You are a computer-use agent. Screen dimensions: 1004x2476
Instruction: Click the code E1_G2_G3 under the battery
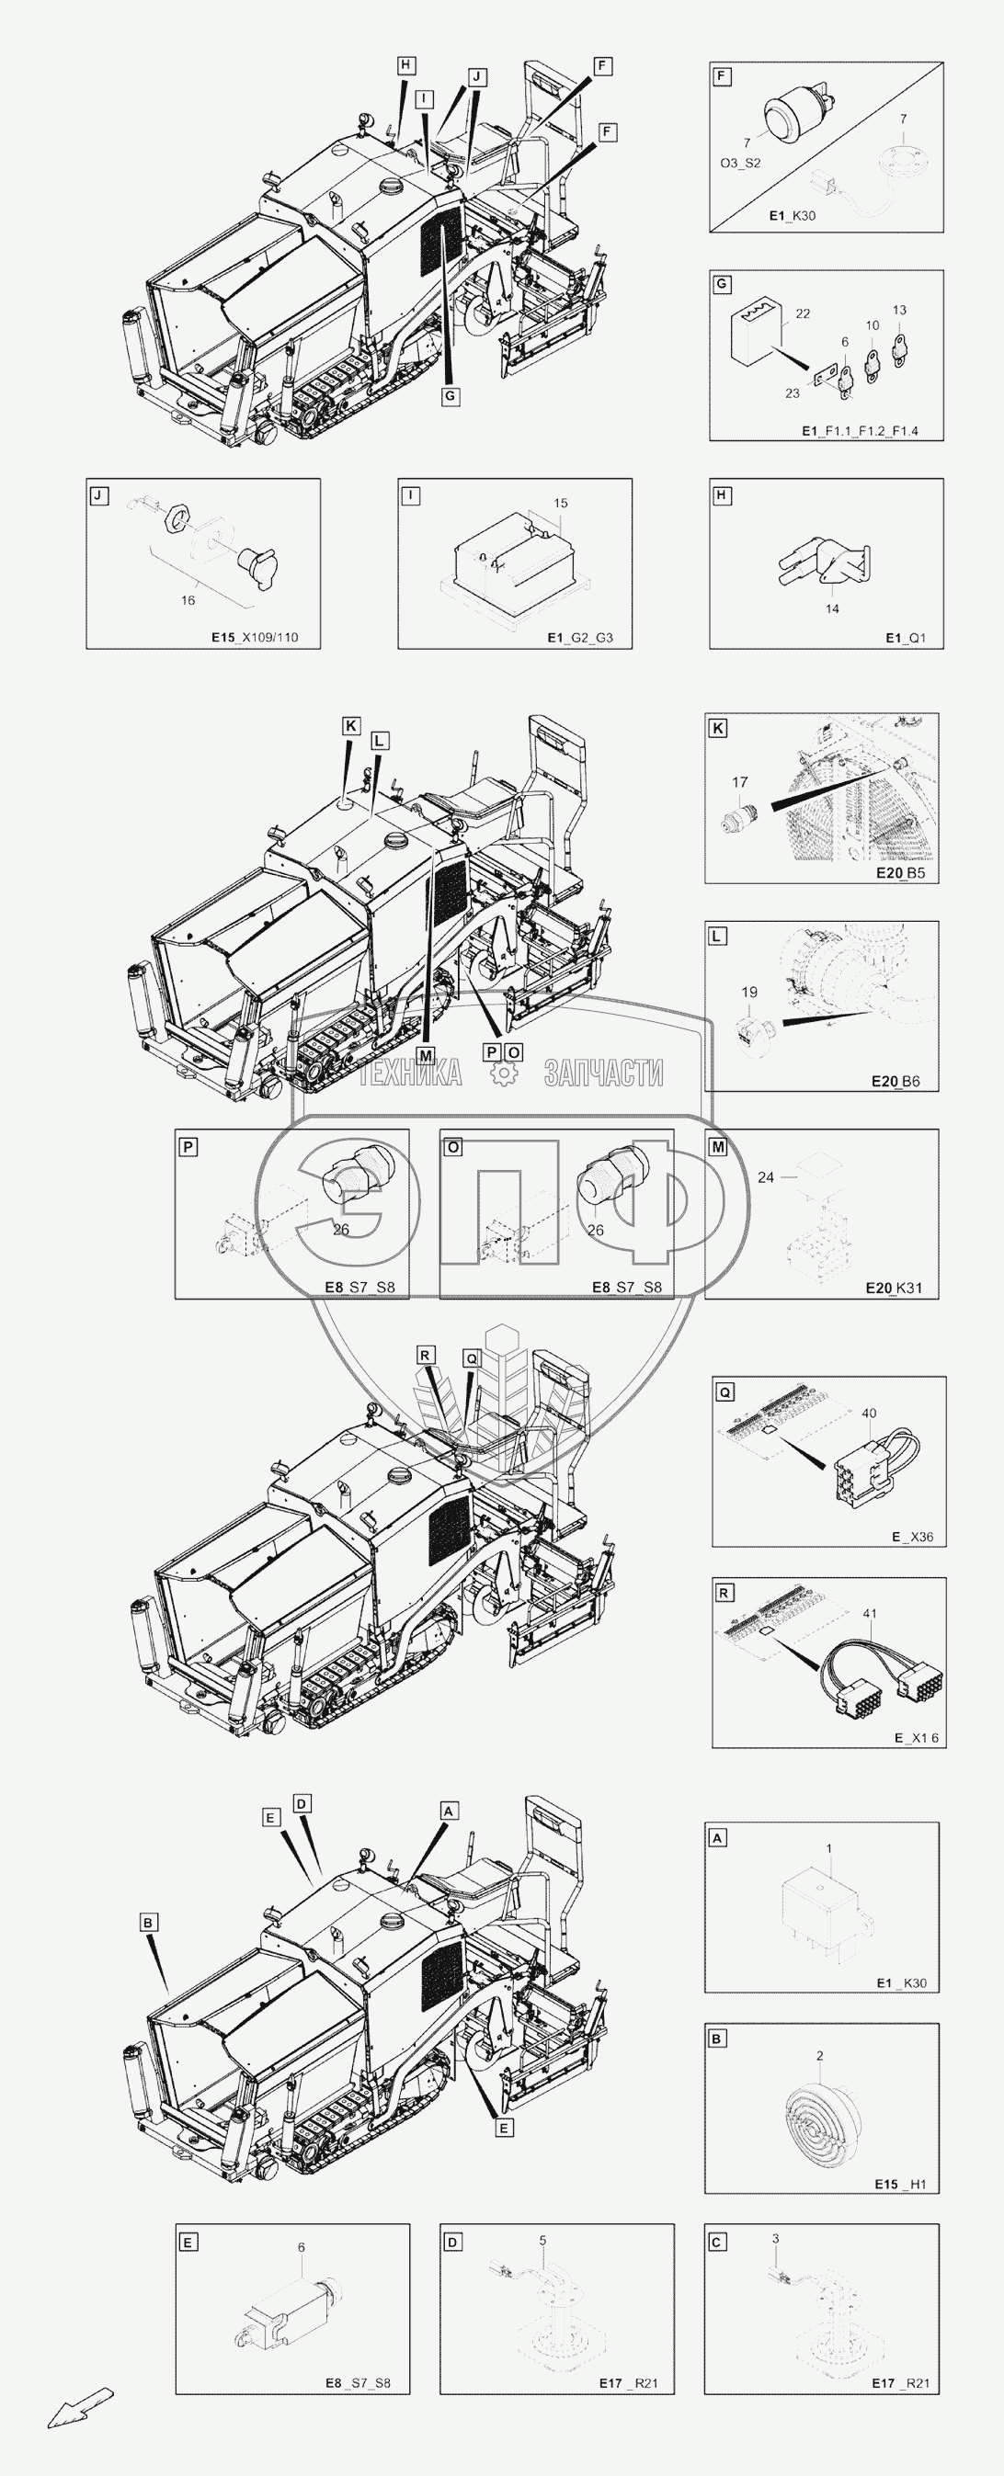coord(581,637)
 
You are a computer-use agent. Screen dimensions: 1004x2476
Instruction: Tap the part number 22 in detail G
coord(803,313)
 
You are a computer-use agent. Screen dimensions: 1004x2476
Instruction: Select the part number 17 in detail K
coord(739,782)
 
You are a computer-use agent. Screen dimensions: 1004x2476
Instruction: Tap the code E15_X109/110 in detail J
coord(255,637)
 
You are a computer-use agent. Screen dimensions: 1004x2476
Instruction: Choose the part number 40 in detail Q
coord(870,1413)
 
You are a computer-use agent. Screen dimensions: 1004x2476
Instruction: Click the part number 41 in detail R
coord(870,1614)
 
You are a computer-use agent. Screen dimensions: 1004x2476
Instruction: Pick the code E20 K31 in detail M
coord(894,1288)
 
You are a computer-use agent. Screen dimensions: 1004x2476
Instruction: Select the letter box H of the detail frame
coord(723,496)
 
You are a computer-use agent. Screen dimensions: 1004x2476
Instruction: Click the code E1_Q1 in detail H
coord(906,637)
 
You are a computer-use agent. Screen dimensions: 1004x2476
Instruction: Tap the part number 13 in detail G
coord(899,310)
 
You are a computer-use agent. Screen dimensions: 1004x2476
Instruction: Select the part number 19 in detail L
coord(749,992)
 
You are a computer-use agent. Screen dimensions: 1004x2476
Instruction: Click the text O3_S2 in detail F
coord(740,164)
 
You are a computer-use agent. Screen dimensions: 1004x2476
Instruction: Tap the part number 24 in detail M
coord(766,1176)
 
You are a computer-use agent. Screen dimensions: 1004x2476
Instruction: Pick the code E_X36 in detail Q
coord(913,1537)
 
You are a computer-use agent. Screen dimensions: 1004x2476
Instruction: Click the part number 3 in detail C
coord(775,2239)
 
